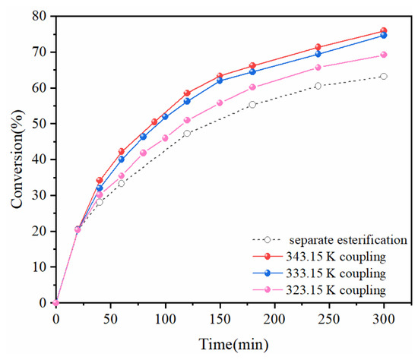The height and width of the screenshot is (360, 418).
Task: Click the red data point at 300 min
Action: (x=384, y=30)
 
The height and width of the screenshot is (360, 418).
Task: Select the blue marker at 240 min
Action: (x=318, y=54)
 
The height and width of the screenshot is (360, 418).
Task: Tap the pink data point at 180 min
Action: (x=252, y=87)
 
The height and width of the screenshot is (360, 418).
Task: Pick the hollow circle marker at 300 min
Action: (x=384, y=77)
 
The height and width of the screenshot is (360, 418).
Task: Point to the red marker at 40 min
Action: (x=100, y=181)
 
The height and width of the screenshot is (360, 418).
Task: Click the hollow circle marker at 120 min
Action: (x=187, y=133)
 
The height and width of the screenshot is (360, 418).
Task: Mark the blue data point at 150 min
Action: (x=220, y=81)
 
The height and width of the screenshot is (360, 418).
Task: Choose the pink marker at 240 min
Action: (x=318, y=68)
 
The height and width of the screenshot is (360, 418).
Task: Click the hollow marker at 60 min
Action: (x=122, y=183)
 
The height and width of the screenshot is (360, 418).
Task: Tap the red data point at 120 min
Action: (x=187, y=93)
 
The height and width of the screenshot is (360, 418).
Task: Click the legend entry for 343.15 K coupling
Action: (x=336, y=257)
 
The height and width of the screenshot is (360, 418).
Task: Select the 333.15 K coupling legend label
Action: (x=336, y=273)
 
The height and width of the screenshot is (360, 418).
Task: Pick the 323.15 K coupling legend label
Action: (x=336, y=290)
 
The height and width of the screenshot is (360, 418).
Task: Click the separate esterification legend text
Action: (x=348, y=240)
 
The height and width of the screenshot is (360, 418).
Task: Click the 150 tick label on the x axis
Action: (x=220, y=319)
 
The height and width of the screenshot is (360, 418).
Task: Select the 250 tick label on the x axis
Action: (x=329, y=319)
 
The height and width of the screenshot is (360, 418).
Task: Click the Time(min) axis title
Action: (x=233, y=344)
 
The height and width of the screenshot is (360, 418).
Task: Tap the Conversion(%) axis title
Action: (x=17, y=159)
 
